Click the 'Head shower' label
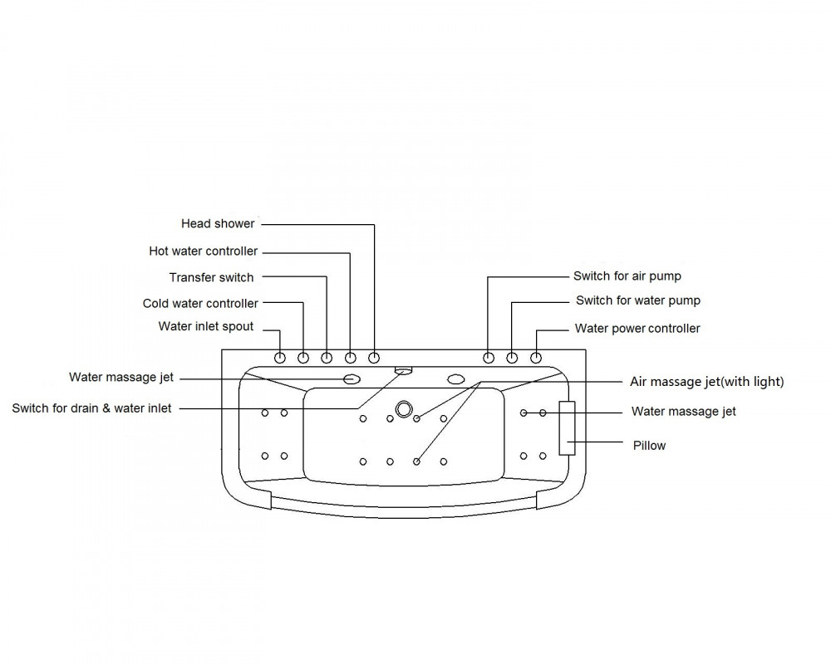pos(218,224)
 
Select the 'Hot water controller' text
pos(203,251)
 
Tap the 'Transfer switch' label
pos(211,277)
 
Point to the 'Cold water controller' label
pos(200,304)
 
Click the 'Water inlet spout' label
pos(205,327)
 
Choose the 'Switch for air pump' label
pos(627,276)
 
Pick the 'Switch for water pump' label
pos(638,300)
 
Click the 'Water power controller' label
pos(637,329)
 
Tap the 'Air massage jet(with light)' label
pos(706,382)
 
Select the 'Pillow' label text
pos(649,446)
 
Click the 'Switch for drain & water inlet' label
pos(91,408)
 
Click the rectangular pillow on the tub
pos(567,427)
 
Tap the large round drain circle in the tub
pos(404,409)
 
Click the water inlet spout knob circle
pos(280,358)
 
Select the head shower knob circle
pos(374,358)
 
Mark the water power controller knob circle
pos(536,358)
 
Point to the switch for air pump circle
pos(489,358)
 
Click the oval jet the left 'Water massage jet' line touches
pos(352,379)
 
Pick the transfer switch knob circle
pos(327,358)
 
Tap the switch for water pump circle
pos(512,358)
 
